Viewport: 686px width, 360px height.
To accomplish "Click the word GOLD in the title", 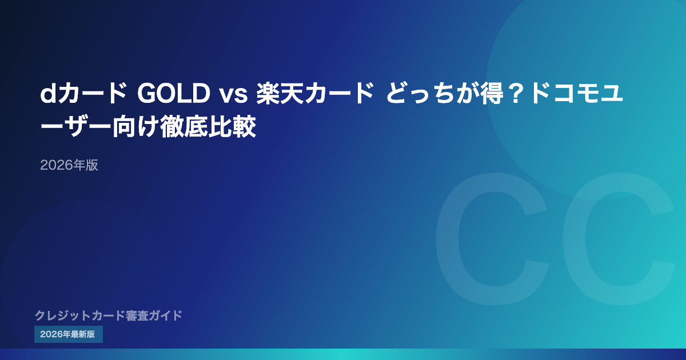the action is click(x=173, y=94).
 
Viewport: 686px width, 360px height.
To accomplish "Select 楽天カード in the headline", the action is click(x=315, y=94).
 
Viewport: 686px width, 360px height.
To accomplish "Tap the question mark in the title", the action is click(x=516, y=94).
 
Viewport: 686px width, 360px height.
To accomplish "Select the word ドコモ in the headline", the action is click(x=564, y=94).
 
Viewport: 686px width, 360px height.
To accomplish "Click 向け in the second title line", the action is click(x=135, y=126).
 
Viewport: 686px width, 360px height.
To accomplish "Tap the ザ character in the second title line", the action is click(x=76, y=126).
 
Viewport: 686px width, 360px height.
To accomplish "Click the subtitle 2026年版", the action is click(x=69, y=165).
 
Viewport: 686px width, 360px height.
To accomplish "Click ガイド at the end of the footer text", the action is click(x=166, y=315).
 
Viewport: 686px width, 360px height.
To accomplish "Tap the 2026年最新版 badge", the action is click(x=69, y=334).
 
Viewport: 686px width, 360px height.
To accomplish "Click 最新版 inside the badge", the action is click(x=83, y=334).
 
